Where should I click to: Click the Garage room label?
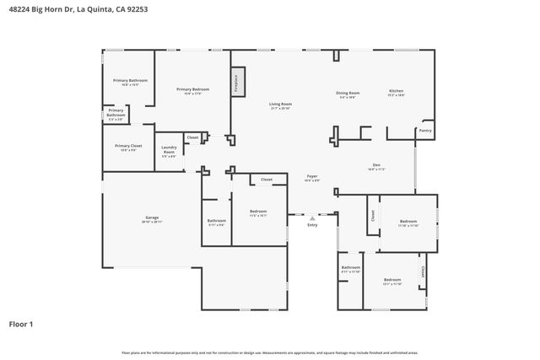pos(152,218)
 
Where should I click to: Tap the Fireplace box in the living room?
pos(237,83)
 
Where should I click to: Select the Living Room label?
pos(280,105)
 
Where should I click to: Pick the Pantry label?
pos(425,131)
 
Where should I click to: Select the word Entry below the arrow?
pos(312,224)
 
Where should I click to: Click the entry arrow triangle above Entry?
pos(312,217)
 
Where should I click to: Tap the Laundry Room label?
pos(169,150)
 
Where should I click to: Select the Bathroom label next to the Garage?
pos(216,221)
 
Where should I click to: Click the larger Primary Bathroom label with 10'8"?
pos(130,81)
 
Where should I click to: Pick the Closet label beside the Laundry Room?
pos(192,137)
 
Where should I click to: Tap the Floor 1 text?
pos(22,324)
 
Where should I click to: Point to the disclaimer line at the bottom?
pos(270,352)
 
